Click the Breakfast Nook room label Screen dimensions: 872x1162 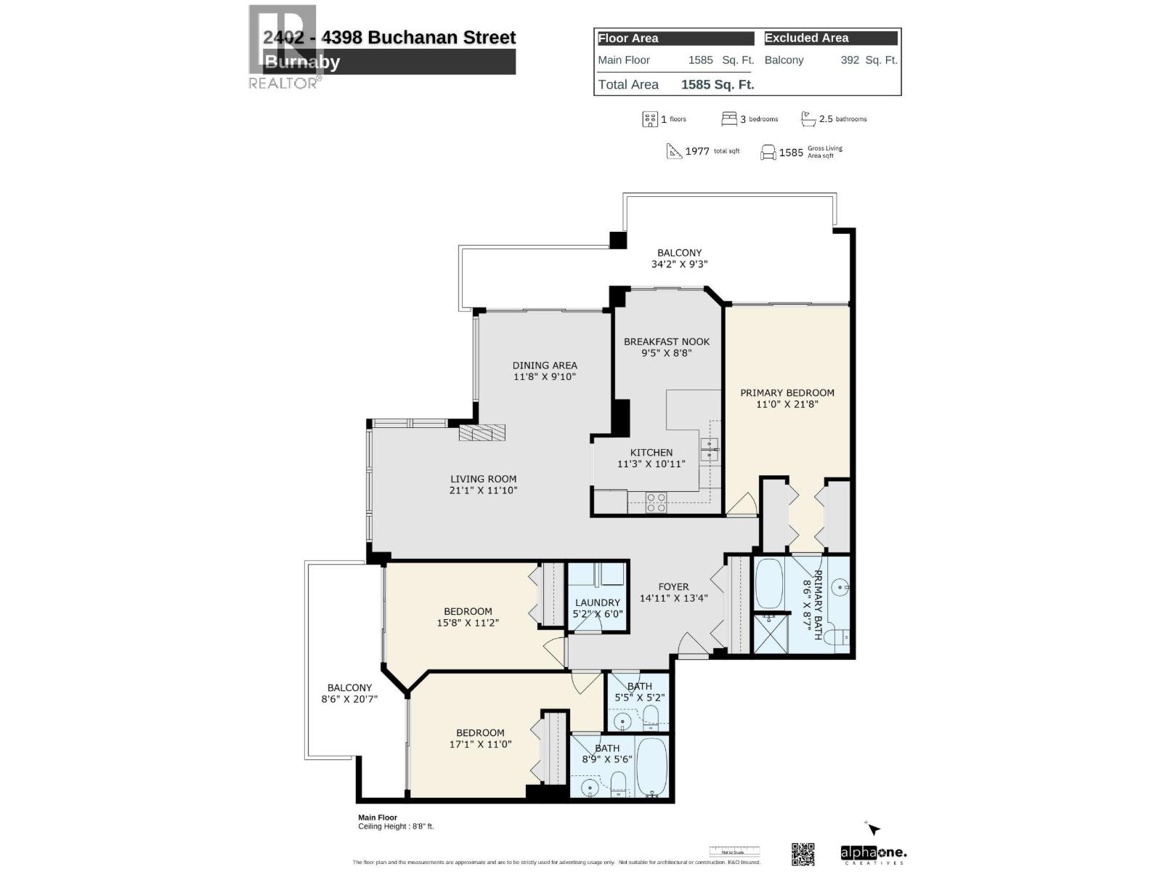pos(666,342)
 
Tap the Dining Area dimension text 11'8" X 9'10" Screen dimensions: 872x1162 pos(544,376)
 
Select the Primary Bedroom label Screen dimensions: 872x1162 pos(787,392)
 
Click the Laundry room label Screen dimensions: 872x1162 pos(597,602)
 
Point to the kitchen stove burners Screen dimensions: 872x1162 pos(656,503)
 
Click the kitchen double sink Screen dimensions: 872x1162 pos(709,450)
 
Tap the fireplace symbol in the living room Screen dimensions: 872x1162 pos(482,433)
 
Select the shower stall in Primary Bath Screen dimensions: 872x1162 pos(770,634)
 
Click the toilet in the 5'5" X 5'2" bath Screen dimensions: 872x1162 pos(651,718)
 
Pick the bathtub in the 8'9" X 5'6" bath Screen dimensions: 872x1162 pos(651,767)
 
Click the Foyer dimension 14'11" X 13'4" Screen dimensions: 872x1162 pos(673,598)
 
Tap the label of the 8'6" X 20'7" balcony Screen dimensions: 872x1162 pos(349,687)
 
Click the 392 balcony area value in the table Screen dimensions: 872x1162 pos(850,60)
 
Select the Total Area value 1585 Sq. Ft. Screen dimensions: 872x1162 pos(718,84)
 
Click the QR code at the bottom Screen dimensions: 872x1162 pos(803,854)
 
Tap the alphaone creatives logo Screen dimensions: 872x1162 pos(873,854)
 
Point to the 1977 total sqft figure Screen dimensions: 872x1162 pos(696,151)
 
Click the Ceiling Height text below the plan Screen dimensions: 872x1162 pos(395,826)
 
